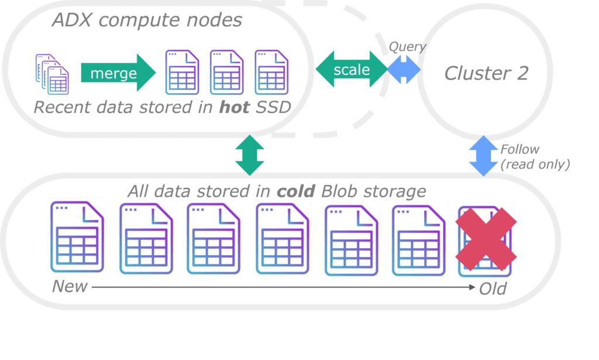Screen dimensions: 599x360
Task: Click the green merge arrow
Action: click(118, 73)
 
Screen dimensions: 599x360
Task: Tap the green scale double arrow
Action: click(352, 69)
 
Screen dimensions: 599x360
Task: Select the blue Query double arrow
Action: click(404, 70)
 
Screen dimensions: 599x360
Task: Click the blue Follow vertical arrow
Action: click(483, 156)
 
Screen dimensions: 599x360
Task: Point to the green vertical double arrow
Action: click(249, 155)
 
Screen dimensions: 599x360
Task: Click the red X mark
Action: click(486, 239)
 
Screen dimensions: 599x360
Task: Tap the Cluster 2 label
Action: click(486, 73)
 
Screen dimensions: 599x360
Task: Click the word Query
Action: click(407, 47)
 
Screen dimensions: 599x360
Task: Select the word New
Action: click(70, 286)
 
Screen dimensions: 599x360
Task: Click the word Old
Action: click(493, 289)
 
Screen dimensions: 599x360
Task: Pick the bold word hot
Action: click(234, 107)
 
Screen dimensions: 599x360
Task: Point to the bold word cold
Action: click(296, 191)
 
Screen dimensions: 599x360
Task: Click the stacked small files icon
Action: click(52, 74)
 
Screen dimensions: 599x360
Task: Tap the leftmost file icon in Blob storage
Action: click(77, 237)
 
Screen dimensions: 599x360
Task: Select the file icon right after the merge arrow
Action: click(182, 72)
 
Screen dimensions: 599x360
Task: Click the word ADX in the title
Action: click(72, 20)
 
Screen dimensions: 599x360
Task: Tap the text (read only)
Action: click(535, 164)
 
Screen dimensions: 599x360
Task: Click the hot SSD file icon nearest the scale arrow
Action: click(271, 72)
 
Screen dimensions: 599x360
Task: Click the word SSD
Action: click(274, 107)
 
